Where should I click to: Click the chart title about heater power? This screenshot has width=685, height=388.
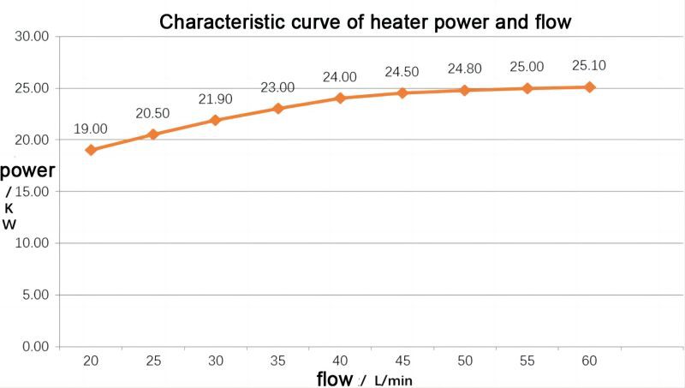pos(365,21)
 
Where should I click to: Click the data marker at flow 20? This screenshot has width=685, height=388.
pos(91,150)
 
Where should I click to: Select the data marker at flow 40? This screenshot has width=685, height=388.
pos(340,98)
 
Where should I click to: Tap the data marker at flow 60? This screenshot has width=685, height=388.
pos(589,87)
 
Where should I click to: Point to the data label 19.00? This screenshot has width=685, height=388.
pos(91,129)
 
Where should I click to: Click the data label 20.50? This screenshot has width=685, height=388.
pos(153,114)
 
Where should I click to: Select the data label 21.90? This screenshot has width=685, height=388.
pos(215,99)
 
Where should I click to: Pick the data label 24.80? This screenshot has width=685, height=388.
pos(465,69)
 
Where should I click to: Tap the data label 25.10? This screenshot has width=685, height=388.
pos(589,66)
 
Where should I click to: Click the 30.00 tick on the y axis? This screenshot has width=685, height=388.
pos(33,37)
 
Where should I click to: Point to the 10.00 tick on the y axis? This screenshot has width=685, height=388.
pos(33,243)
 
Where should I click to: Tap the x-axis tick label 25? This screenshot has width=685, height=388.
pos(153,362)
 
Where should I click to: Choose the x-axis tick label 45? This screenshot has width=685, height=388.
pos(402,362)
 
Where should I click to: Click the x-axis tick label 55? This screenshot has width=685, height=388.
pos(527,362)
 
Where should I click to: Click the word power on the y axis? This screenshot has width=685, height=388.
pos(27,170)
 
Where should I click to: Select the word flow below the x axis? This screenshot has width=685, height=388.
pos(333,378)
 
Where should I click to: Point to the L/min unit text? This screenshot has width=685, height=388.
pos(393,379)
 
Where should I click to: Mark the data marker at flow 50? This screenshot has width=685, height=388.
pos(465,90)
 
